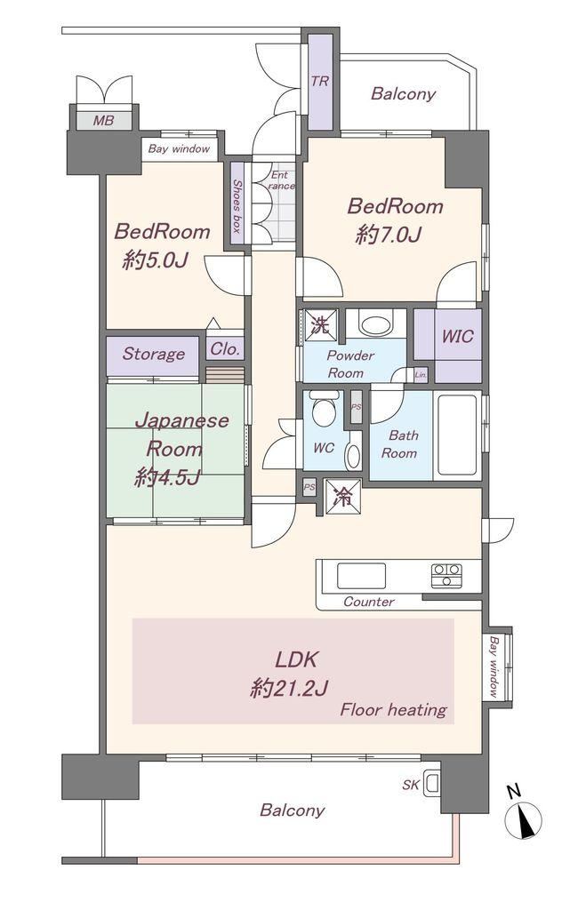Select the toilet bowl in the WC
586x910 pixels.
(323, 410)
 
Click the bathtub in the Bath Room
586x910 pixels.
(458, 435)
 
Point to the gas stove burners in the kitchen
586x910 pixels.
(446, 575)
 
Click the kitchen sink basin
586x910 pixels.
(361, 575)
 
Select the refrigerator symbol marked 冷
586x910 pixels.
(342, 496)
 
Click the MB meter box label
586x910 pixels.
(103, 121)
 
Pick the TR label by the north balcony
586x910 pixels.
(319, 81)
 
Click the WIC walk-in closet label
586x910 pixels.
(457, 336)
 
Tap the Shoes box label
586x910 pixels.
(237, 205)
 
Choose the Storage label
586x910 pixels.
(153, 354)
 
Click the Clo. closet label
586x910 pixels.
(225, 348)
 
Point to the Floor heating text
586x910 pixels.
(393, 710)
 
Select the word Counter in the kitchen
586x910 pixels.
(369, 602)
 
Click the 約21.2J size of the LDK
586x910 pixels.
(289, 689)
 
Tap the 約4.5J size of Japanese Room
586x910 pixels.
(167, 477)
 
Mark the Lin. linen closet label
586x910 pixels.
(421, 375)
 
